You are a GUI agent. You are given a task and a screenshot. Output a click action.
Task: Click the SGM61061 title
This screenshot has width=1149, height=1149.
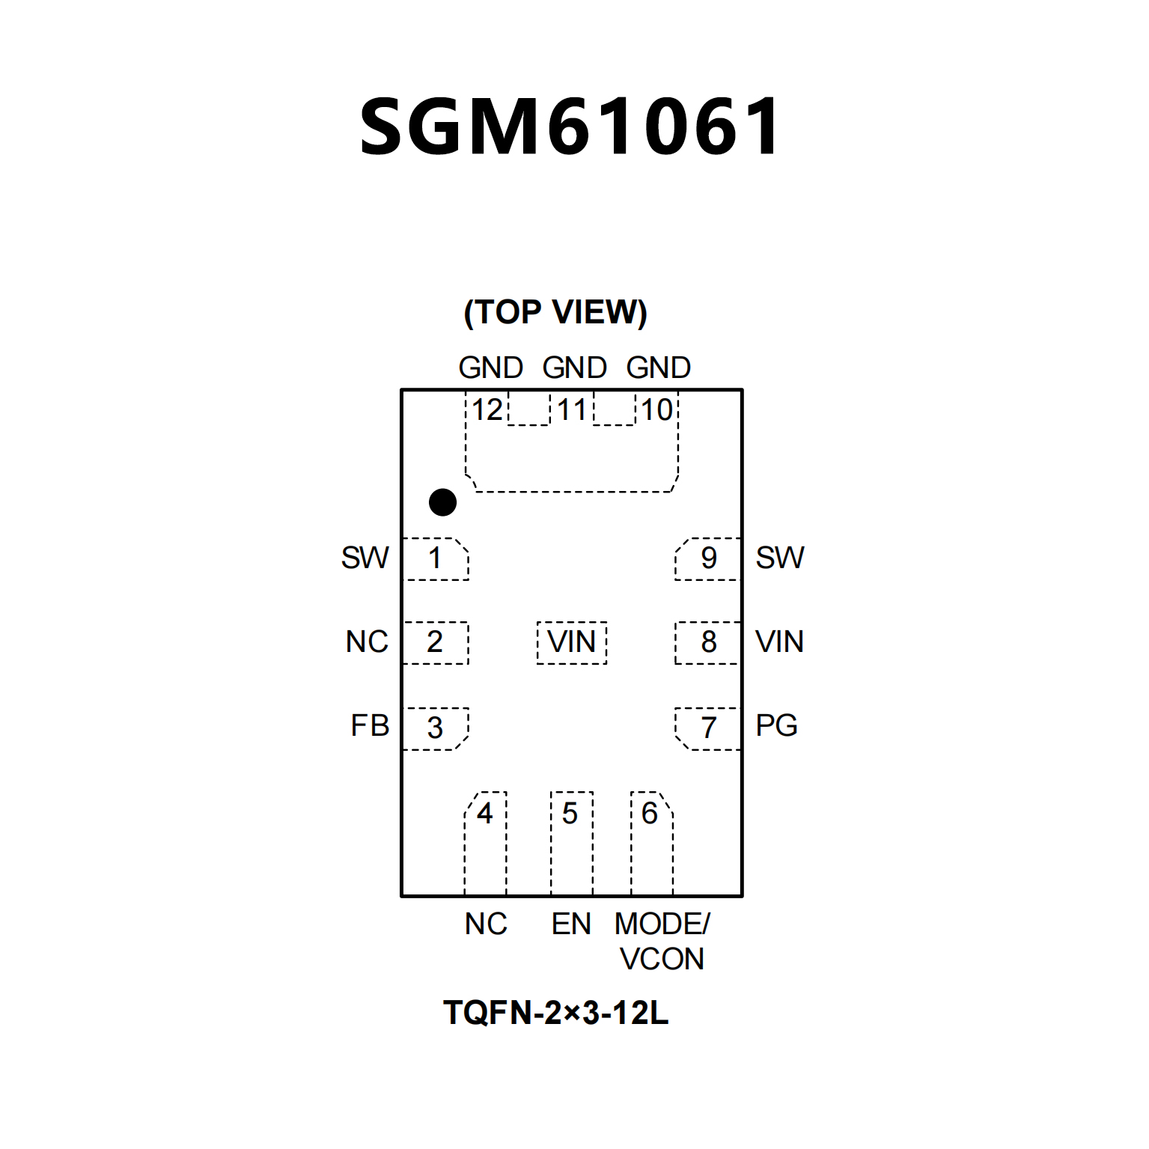coord(570,127)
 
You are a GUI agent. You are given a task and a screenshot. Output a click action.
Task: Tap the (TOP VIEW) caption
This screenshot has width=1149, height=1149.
coord(555,312)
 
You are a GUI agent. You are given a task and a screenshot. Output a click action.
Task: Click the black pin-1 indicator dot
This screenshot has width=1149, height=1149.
coord(442,502)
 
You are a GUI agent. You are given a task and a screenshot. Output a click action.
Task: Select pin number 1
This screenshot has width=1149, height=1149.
coord(435,558)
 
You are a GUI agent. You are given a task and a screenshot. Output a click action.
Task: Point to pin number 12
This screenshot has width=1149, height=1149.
coord(487,410)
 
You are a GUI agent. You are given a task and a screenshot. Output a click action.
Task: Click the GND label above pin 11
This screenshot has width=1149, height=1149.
coord(574,368)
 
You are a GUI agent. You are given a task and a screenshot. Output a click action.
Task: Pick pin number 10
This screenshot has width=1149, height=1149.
coord(656,410)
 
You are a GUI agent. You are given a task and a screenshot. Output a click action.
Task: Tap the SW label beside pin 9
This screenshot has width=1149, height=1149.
coord(779,558)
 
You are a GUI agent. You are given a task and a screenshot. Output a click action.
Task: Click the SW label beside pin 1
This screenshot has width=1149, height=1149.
coord(365,558)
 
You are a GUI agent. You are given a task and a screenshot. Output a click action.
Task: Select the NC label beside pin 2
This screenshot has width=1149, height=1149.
coord(367,642)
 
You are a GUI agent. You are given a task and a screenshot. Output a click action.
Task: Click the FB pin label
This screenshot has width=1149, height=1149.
coord(370,726)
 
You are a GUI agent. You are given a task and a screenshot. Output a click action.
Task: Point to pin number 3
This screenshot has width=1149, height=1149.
coord(435,728)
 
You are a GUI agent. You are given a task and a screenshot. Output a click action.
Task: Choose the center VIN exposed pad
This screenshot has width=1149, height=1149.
coord(572,642)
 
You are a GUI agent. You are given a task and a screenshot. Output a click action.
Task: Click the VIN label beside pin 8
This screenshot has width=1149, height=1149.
coord(779,642)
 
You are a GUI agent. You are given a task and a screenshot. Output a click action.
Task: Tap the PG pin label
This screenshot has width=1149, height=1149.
coord(776,726)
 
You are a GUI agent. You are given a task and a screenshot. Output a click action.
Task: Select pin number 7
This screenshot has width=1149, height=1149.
coord(708,728)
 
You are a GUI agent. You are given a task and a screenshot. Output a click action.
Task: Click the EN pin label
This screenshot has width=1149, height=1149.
coord(571,924)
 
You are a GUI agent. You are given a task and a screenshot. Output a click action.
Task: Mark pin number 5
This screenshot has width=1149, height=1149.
coord(570,814)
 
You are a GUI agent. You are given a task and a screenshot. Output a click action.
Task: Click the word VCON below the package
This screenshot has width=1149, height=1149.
coord(662,960)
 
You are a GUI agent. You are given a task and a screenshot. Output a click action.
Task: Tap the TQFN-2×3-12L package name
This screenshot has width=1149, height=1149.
coord(555,1014)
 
